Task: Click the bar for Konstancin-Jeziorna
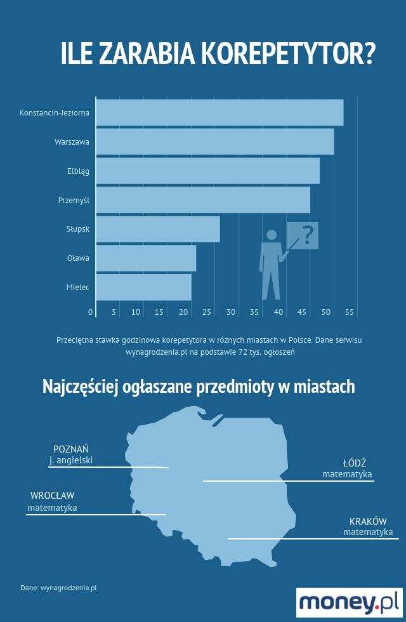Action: tap(219, 113)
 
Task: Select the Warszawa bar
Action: tap(215, 142)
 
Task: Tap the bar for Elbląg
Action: tap(207, 171)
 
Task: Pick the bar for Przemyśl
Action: tap(203, 200)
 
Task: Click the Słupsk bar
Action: tap(158, 229)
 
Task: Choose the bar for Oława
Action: tap(146, 258)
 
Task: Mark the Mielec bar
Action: tap(143, 288)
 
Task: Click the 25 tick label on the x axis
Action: tap(207, 312)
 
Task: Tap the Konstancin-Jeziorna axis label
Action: tap(55, 113)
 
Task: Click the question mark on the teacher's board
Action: tap(308, 235)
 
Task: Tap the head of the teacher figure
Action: tap(272, 235)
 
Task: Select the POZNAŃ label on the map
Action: tap(70, 449)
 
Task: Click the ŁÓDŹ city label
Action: tap(355, 463)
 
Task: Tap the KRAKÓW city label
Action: tap(368, 521)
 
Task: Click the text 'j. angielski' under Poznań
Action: tap(70, 460)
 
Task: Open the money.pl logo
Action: tap(350, 602)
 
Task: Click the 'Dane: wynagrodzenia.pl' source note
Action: tap(58, 588)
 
